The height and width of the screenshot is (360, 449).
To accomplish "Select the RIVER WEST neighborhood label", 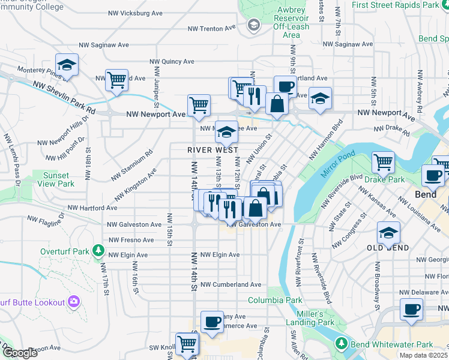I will coord(212,150).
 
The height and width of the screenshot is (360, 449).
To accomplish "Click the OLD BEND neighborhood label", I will coord(388,247).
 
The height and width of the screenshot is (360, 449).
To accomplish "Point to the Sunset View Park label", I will coord(58,179).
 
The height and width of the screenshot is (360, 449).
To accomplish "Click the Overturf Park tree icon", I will coord(97,251).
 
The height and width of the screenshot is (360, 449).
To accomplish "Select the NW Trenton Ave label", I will coord(212,28).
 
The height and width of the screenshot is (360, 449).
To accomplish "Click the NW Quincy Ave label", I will coord(172,61).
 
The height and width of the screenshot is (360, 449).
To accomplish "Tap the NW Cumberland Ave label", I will coord(231,284).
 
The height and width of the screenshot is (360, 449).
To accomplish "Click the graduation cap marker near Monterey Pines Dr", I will coord(67,65).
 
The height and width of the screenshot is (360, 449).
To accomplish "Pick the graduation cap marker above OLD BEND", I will coord(388,233).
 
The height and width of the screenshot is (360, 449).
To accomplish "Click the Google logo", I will coord(20,353).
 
